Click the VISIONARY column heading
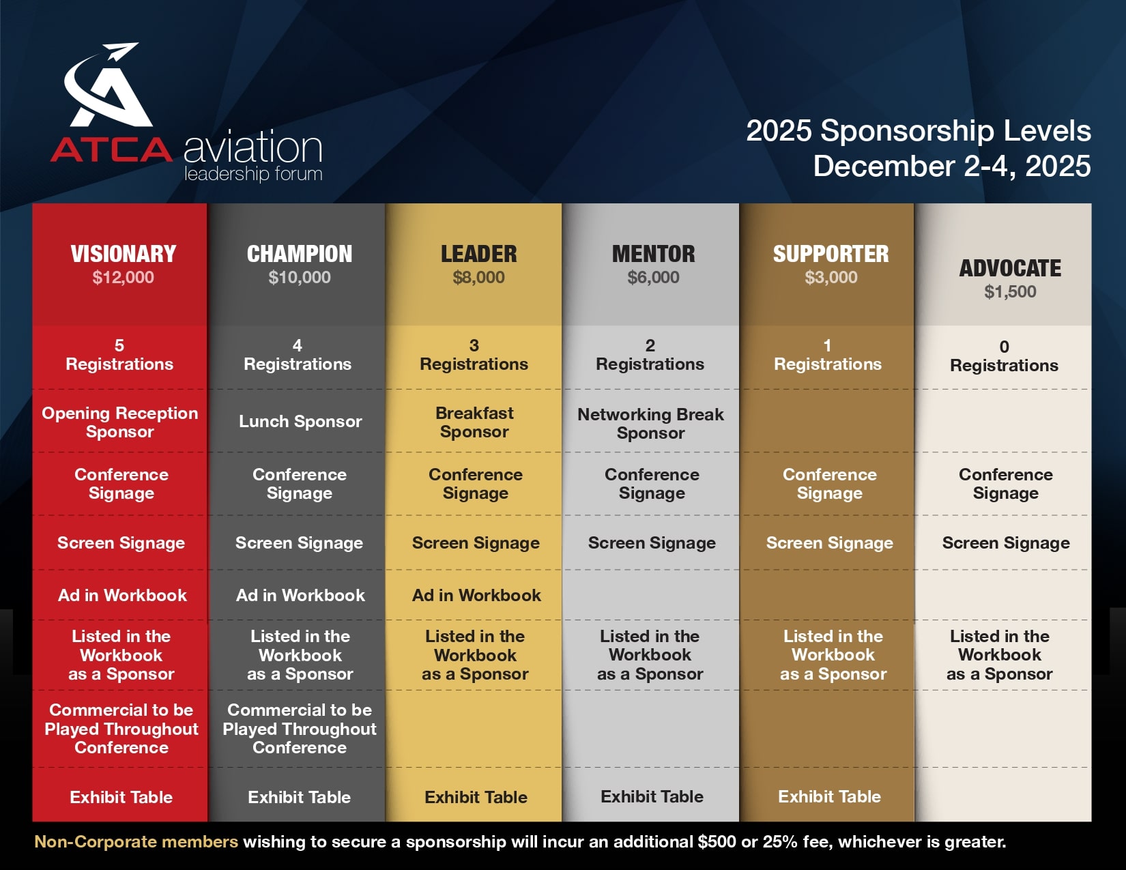pyautogui.click(x=124, y=254)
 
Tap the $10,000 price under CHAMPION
pyautogui.click(x=300, y=277)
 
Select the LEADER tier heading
pyautogui.click(x=479, y=254)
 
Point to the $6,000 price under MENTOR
pyautogui.click(x=654, y=277)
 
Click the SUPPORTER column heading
pyautogui.click(x=831, y=254)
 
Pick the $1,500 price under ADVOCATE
pyautogui.click(x=1011, y=292)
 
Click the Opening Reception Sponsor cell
pyautogui.click(x=119, y=422)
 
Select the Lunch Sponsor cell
pyautogui.click(x=300, y=421)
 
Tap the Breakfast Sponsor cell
pyautogui.click(x=474, y=422)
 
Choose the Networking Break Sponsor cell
pyautogui.click(x=651, y=423)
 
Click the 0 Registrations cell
pyautogui.click(x=1005, y=356)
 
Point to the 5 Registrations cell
pyautogui.click(x=119, y=355)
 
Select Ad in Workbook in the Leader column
pyautogui.click(x=476, y=596)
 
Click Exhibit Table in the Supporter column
pyautogui.click(x=829, y=796)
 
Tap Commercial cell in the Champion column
pyautogui.click(x=300, y=729)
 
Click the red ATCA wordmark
pyautogui.click(x=111, y=149)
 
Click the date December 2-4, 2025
pyautogui.click(x=952, y=166)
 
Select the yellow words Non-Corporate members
pyautogui.click(x=136, y=841)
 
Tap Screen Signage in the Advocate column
pyautogui.click(x=1006, y=543)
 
